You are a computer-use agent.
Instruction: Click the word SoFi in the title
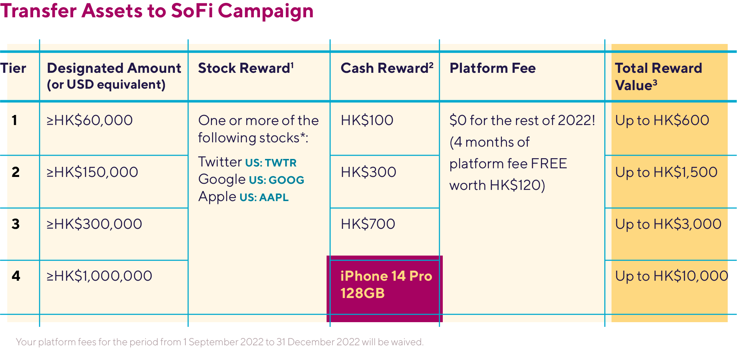pos(191,11)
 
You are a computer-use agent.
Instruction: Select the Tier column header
pos(13,68)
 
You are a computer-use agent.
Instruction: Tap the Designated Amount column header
pos(114,76)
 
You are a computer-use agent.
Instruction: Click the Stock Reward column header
pos(246,68)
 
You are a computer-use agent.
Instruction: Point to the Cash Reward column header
pos(387,68)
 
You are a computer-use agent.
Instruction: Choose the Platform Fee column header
pos(493,68)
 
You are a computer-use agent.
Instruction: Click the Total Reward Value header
pos(658,76)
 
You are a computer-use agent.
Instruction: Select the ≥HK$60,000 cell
pos(89,120)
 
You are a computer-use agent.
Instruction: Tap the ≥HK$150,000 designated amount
pos(92,172)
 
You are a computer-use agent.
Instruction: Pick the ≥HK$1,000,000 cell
pos(99,276)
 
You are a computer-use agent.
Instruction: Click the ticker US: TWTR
pos(271,163)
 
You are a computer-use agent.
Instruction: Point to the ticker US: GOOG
pos(277,180)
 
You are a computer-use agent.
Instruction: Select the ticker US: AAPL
pos(264,197)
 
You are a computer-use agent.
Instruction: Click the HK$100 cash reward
pos(367,120)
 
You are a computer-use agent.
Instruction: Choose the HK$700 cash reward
pos(368,224)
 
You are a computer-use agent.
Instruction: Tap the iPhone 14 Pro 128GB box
pos(385,289)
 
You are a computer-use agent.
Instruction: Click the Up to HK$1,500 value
pos(666,172)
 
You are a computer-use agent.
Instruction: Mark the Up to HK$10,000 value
pos(672,276)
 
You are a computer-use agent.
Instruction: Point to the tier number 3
pos(16,224)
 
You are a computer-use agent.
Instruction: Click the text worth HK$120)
pos(497,185)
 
